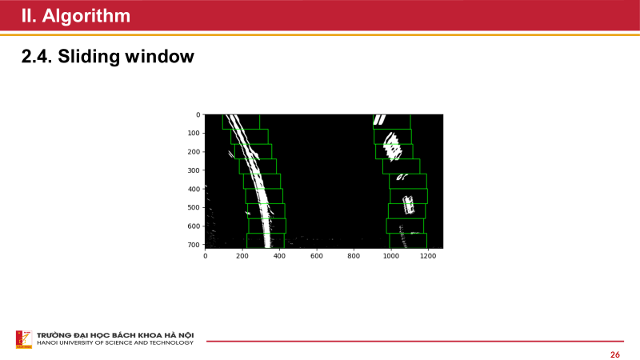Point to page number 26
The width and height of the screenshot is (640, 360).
[614, 354]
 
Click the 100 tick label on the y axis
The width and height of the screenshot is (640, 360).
[194, 133]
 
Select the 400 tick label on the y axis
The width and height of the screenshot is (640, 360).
[194, 190]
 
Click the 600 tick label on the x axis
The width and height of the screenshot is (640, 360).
[316, 256]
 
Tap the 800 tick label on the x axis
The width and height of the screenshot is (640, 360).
[353, 256]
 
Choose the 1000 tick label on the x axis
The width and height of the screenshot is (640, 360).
[390, 256]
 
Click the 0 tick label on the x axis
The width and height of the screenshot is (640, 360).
[206, 256]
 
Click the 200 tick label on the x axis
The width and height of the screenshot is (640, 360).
[242, 256]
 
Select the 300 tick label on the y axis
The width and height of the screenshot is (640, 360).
[194, 170]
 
